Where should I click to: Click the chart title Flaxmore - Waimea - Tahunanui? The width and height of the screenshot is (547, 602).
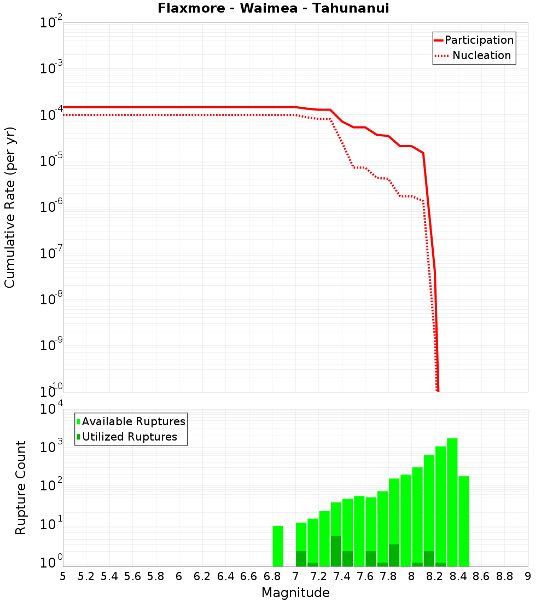(x=273, y=8)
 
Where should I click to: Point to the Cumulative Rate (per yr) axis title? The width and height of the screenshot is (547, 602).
(x=10, y=207)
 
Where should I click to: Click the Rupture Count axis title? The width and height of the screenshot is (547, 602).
(x=21, y=488)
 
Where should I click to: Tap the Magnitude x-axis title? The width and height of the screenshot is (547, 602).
(x=295, y=593)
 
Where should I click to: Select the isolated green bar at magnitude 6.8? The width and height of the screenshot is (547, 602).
(x=278, y=546)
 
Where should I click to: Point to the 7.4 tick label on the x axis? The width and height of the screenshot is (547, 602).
(x=341, y=576)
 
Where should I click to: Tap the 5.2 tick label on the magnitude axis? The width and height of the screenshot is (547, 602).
(x=86, y=576)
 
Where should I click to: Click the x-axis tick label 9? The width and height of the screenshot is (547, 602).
(x=527, y=576)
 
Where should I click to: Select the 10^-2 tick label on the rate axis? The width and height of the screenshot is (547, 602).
(x=51, y=24)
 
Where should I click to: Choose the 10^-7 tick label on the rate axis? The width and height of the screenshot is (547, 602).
(x=51, y=254)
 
